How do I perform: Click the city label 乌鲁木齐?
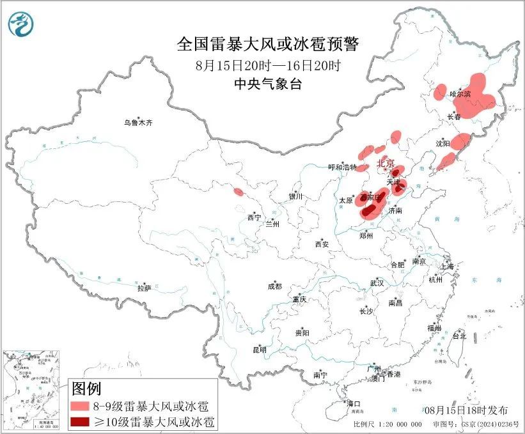click(x=139, y=122)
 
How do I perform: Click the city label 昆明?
click(x=259, y=349)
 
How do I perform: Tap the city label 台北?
click(x=459, y=336)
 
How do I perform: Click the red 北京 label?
click(x=386, y=164)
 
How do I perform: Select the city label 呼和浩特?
click(x=341, y=167)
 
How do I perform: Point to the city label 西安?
click(x=322, y=244)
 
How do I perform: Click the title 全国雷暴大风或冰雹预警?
click(x=267, y=45)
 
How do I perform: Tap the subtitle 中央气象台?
click(x=267, y=84)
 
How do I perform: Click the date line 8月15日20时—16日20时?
click(x=267, y=65)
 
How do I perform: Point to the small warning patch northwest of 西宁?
click(x=239, y=191)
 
